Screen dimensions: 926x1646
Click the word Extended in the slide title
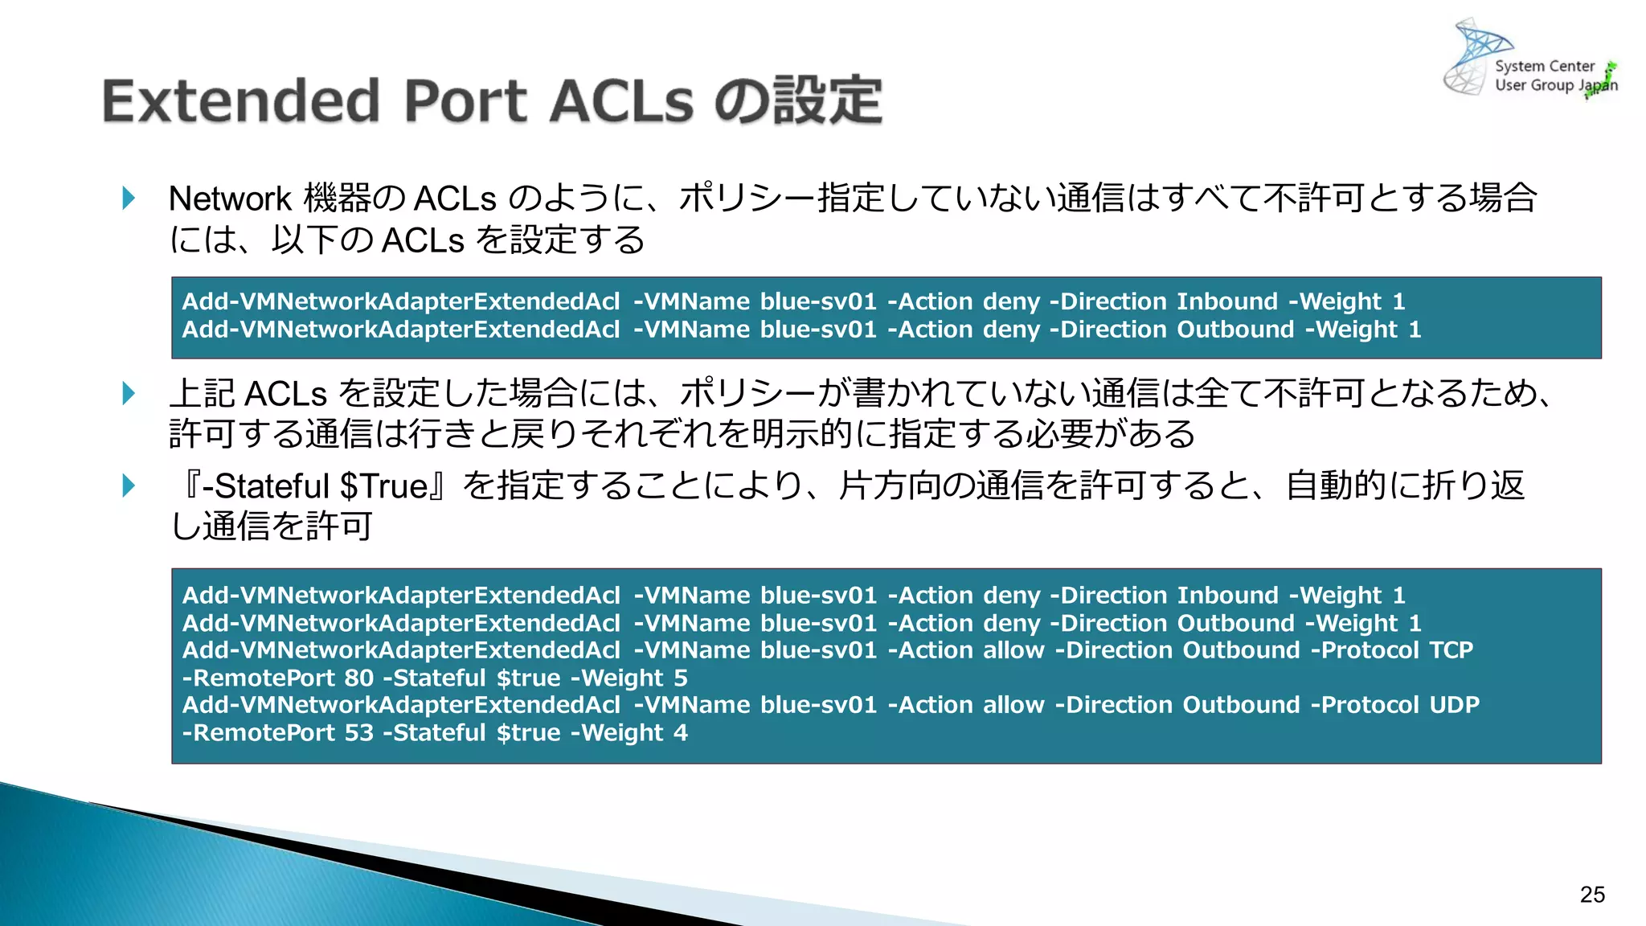[x=240, y=102]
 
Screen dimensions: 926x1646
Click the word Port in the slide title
[x=465, y=102]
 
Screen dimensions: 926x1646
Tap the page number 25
[x=1591, y=895]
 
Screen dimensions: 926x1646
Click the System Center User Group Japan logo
[x=1527, y=60]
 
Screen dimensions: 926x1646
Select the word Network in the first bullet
[x=229, y=199]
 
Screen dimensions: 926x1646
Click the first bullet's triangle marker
[x=129, y=198]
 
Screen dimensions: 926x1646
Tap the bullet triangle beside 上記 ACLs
[x=129, y=393]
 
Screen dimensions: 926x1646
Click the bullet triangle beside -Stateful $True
[x=129, y=486]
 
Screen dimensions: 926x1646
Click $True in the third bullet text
[x=383, y=486]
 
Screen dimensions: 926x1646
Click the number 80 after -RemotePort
[x=358, y=678]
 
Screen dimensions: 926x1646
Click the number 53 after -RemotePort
[x=358, y=732]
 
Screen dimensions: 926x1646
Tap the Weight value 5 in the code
[x=680, y=678]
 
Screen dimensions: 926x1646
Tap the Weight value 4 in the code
[x=680, y=732]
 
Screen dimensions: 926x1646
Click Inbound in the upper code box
[x=1226, y=301]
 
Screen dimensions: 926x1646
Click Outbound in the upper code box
[x=1234, y=329]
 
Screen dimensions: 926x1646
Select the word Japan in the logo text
[x=1598, y=85]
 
